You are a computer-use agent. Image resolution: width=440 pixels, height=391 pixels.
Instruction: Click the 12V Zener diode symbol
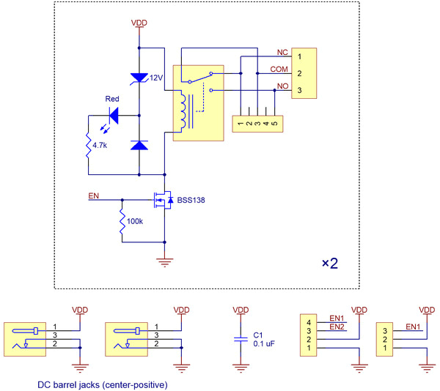coord(139,78)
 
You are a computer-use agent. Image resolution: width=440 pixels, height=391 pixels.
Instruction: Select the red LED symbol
coord(114,115)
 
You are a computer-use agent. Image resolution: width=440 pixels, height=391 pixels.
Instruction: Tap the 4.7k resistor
coord(88,145)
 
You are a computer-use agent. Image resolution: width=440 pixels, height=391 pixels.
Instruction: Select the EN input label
coord(93,195)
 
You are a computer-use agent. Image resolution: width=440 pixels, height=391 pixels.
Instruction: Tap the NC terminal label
coord(282,53)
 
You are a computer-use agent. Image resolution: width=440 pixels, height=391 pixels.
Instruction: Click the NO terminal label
coord(282,87)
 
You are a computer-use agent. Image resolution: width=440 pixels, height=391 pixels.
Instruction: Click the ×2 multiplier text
coord(330,264)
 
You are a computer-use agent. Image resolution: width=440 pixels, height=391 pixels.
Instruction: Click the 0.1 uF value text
coord(263,343)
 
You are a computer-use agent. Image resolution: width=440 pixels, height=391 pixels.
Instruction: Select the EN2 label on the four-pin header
coord(337,327)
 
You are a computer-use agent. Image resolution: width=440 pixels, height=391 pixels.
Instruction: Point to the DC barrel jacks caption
coord(100,384)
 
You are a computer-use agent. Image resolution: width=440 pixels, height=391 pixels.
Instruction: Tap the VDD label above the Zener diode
coord(139,23)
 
